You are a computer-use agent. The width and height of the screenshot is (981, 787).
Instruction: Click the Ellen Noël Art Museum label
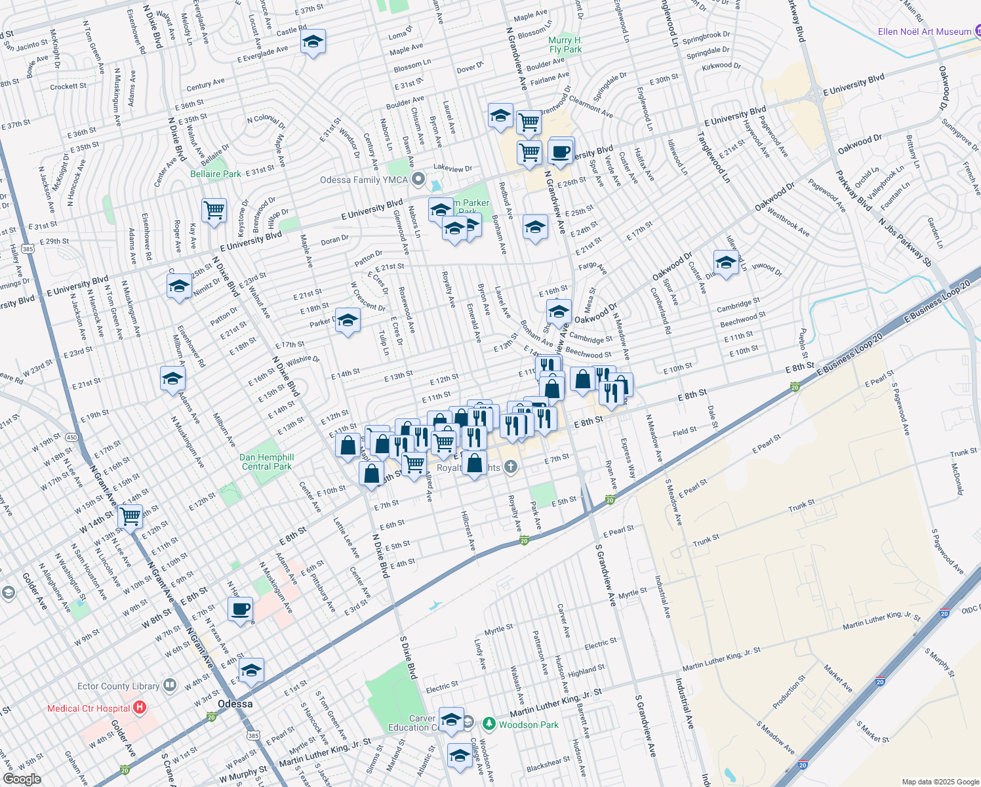(x=924, y=31)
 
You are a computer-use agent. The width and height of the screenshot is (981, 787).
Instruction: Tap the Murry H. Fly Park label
(x=565, y=45)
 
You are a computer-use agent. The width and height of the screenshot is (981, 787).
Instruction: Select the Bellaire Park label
(x=215, y=174)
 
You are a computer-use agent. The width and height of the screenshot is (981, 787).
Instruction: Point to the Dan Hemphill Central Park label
(x=266, y=462)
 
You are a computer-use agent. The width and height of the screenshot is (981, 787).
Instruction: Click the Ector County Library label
(x=118, y=686)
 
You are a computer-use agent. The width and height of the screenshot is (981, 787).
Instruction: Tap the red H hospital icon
(x=140, y=708)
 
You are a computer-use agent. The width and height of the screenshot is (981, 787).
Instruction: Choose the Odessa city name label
(x=235, y=704)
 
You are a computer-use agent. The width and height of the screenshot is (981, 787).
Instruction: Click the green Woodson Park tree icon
(x=489, y=724)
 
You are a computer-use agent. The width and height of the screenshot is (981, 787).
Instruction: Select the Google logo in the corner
(x=22, y=779)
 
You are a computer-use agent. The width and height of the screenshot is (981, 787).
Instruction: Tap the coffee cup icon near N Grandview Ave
(x=561, y=151)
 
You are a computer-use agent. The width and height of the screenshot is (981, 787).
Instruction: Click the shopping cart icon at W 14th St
(x=130, y=516)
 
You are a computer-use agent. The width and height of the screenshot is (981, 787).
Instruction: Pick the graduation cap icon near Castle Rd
(x=313, y=43)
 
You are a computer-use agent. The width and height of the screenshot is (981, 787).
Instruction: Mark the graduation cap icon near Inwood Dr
(x=726, y=263)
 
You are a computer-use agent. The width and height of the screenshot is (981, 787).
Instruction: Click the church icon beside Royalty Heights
(x=511, y=467)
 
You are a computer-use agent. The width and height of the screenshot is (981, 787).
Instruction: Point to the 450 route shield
(x=71, y=437)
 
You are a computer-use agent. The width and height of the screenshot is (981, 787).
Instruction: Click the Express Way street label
(x=628, y=458)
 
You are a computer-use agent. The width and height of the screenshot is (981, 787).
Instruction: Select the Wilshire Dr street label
(x=302, y=360)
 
